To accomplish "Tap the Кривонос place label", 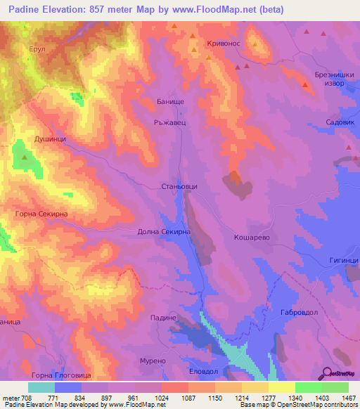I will click(x=224, y=44).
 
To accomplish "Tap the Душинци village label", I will click(x=50, y=140).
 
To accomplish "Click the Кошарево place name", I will click(x=252, y=238).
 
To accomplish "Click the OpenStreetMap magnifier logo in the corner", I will click(x=325, y=372).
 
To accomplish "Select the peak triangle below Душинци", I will click(x=26, y=157).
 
